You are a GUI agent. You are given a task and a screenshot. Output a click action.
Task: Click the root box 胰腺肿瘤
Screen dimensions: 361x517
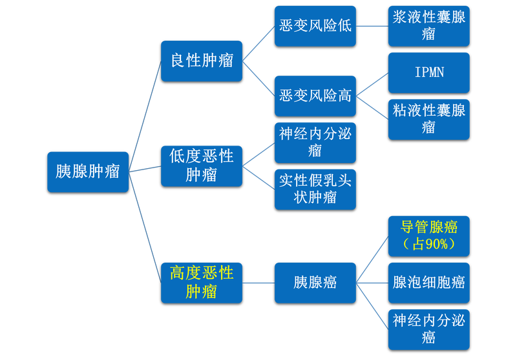pyautogui.click(x=88, y=171)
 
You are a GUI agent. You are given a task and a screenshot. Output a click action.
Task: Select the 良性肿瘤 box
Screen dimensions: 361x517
pyautogui.click(x=202, y=60)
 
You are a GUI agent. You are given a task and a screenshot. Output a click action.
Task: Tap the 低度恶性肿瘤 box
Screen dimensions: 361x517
pyautogui.click(x=202, y=165)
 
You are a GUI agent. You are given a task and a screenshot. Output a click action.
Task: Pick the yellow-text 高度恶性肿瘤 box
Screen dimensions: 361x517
pyautogui.click(x=202, y=281)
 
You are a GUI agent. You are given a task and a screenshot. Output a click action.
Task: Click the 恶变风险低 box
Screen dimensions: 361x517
pyautogui.click(x=315, y=26)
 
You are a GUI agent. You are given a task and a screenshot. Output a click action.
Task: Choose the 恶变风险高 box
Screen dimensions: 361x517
pyautogui.click(x=315, y=95)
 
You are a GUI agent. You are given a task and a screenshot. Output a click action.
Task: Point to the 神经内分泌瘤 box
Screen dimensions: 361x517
pyautogui.click(x=315, y=142)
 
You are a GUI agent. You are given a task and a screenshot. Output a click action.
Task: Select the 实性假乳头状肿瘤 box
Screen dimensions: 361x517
pyautogui.click(x=315, y=188)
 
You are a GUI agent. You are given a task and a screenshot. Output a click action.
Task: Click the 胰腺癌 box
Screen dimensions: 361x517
pyautogui.click(x=315, y=282)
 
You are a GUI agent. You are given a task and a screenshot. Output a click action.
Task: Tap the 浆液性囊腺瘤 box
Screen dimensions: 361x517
pyautogui.click(x=429, y=26)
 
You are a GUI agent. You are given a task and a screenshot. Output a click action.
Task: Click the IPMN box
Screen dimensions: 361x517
pyautogui.click(x=429, y=72)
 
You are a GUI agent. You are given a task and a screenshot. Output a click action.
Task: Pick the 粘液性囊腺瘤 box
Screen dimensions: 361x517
pyautogui.click(x=429, y=118)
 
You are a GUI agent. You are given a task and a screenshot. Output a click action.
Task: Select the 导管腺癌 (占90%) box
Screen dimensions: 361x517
pyautogui.click(x=429, y=235)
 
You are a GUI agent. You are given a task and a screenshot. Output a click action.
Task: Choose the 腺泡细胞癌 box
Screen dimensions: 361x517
pyautogui.click(x=429, y=282)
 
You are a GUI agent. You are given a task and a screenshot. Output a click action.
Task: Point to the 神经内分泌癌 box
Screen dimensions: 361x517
pyautogui.click(x=429, y=329)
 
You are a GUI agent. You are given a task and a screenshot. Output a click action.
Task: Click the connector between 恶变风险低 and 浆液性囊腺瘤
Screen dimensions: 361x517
pyautogui.click(x=372, y=27)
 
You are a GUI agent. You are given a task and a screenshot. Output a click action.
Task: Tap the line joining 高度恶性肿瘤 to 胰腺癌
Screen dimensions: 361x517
pyautogui.click(x=258, y=282)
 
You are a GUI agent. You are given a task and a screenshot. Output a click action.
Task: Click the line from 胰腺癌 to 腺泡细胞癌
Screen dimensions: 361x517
pyautogui.click(x=372, y=282)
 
